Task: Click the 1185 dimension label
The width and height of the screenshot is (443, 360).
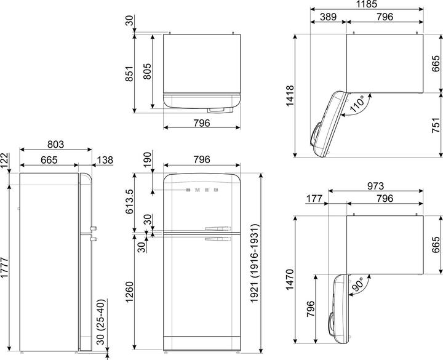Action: (367, 4)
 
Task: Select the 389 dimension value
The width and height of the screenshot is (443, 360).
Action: (329, 17)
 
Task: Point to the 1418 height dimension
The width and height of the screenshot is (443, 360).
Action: (290, 95)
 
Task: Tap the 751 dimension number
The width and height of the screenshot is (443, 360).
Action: (436, 125)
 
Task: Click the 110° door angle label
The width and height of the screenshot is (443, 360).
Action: (357, 104)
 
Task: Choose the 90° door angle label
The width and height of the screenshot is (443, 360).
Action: (357, 284)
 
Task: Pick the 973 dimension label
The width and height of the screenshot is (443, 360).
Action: (376, 186)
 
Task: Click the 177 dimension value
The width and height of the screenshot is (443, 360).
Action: (314, 198)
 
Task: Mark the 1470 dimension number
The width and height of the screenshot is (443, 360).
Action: (290, 279)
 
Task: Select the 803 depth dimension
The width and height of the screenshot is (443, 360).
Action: (55, 144)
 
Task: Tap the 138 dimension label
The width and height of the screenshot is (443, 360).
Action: (105, 160)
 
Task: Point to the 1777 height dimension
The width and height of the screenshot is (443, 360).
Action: (4, 268)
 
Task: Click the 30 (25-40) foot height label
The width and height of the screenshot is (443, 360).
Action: (101, 322)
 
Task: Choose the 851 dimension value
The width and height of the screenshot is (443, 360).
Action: (129, 74)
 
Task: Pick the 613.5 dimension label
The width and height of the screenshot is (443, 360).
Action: (129, 201)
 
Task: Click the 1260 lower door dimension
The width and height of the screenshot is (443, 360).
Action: (129, 292)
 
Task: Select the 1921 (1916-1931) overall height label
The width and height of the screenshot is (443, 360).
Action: (254, 263)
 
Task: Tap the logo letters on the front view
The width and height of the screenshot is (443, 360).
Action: (202, 190)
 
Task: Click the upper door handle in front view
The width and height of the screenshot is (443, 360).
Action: (218, 228)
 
